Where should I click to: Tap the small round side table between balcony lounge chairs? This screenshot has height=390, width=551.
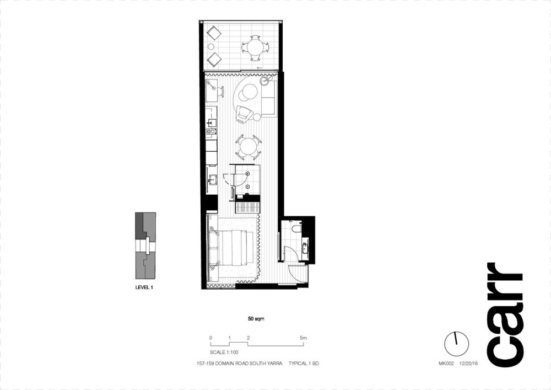click(x=211, y=46)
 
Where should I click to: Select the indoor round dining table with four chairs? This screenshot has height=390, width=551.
click(x=249, y=146)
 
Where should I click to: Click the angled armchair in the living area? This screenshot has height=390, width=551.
click(x=244, y=114)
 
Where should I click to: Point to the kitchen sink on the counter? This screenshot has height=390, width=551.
click(x=212, y=122)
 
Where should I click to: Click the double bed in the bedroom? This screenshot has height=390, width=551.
click(x=233, y=248)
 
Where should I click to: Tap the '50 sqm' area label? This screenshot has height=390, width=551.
click(x=256, y=319)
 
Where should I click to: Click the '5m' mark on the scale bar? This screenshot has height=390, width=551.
click(x=303, y=338)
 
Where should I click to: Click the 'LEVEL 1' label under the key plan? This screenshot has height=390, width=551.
click(x=144, y=287)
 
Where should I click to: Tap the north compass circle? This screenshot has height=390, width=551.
click(x=456, y=343)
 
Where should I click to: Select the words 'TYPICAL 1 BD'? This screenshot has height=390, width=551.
click(x=304, y=364)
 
